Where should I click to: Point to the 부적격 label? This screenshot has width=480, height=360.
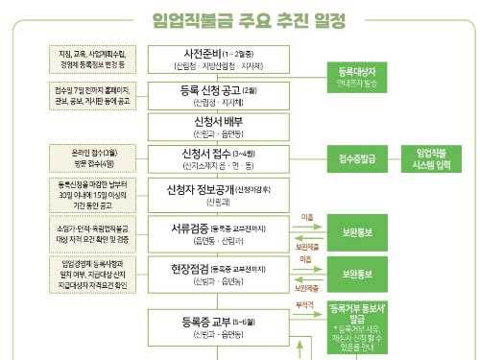[304, 304]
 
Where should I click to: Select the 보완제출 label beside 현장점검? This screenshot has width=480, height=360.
[307, 288]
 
